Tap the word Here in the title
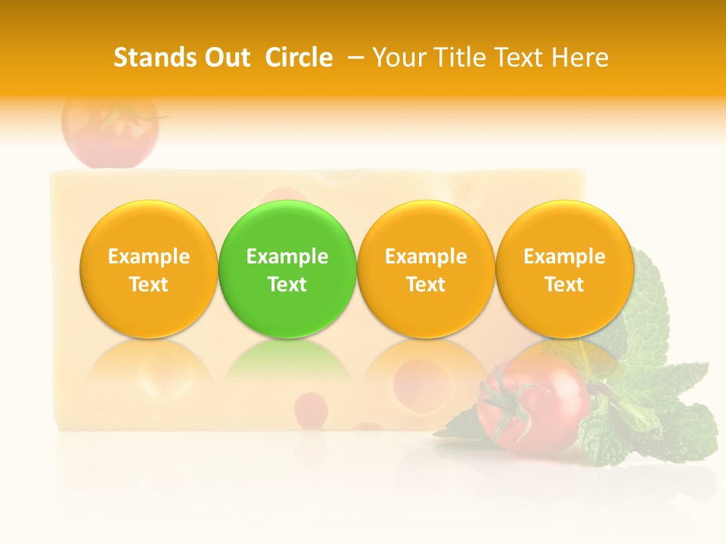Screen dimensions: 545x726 (581, 58)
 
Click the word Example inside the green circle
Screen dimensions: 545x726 (287, 257)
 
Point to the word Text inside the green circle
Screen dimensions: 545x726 (287, 285)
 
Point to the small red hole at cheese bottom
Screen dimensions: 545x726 (310, 409)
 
